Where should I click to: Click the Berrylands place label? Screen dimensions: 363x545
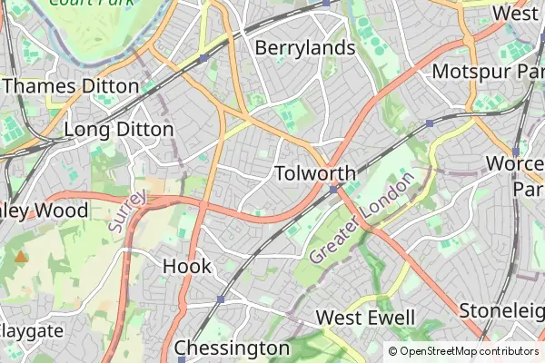pyautogui.click(x=303, y=47)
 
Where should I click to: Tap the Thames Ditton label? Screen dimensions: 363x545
pyautogui.click(x=71, y=85)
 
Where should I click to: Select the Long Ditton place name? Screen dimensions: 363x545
pyautogui.click(x=118, y=130)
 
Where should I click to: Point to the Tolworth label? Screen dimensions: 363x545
pyautogui.click(x=314, y=173)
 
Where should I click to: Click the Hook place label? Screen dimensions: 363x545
pyautogui.click(x=187, y=266)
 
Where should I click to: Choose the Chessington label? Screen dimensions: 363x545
pyautogui.click(x=232, y=348)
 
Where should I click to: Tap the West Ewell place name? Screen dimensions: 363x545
pyautogui.click(x=365, y=318)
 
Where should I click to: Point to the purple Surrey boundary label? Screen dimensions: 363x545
pyautogui.click(x=126, y=211)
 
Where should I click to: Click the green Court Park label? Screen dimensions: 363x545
pyautogui.click(x=86, y=3)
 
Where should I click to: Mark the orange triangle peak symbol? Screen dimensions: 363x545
pyautogui.click(x=20, y=258)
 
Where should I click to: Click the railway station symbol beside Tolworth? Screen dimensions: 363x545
pyautogui.click(x=334, y=189)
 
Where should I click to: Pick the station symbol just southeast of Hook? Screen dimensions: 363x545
pyautogui.click(x=221, y=299)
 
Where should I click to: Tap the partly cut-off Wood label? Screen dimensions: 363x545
pyautogui.click(x=45, y=211)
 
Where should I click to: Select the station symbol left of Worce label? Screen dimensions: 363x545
pyautogui.click(x=515, y=152)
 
